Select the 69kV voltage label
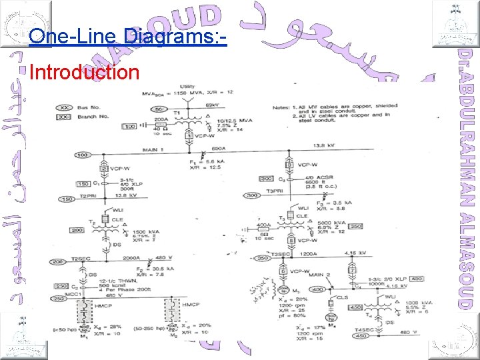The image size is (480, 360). [x=213, y=105]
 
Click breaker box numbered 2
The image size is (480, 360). [x=105, y=169]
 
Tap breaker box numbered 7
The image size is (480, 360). [x=351, y=269]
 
